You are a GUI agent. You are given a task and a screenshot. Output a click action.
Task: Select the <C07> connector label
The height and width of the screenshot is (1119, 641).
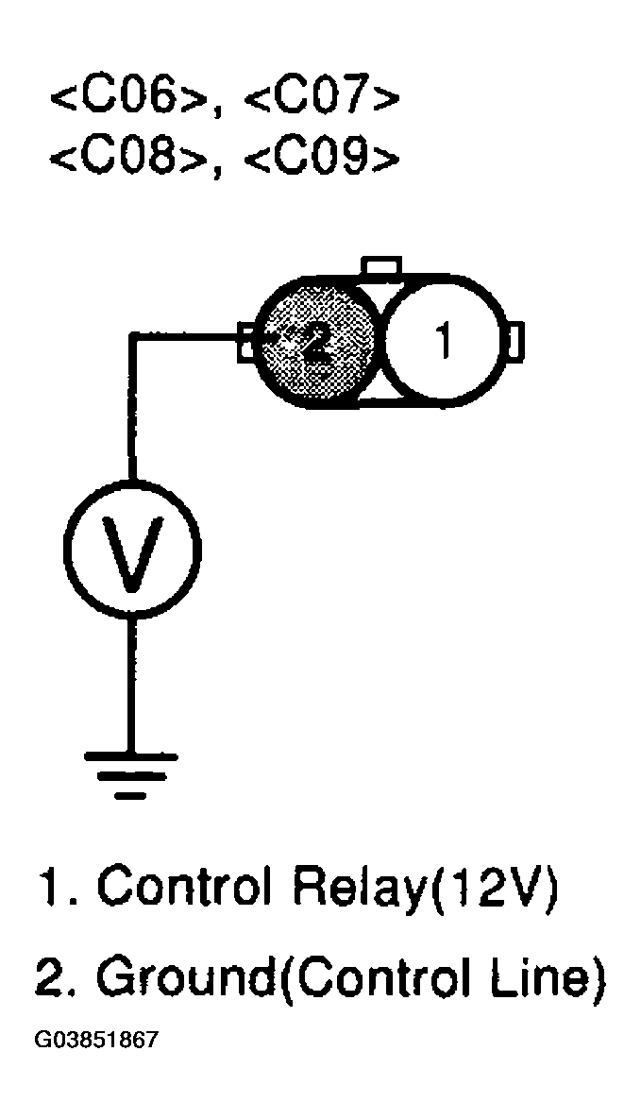321,98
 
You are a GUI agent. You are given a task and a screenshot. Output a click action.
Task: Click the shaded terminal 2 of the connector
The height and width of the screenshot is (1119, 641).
316,342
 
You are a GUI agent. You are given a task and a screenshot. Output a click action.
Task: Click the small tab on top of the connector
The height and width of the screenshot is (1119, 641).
383,266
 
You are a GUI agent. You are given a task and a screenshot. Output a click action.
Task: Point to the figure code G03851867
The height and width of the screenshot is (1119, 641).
96,1042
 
